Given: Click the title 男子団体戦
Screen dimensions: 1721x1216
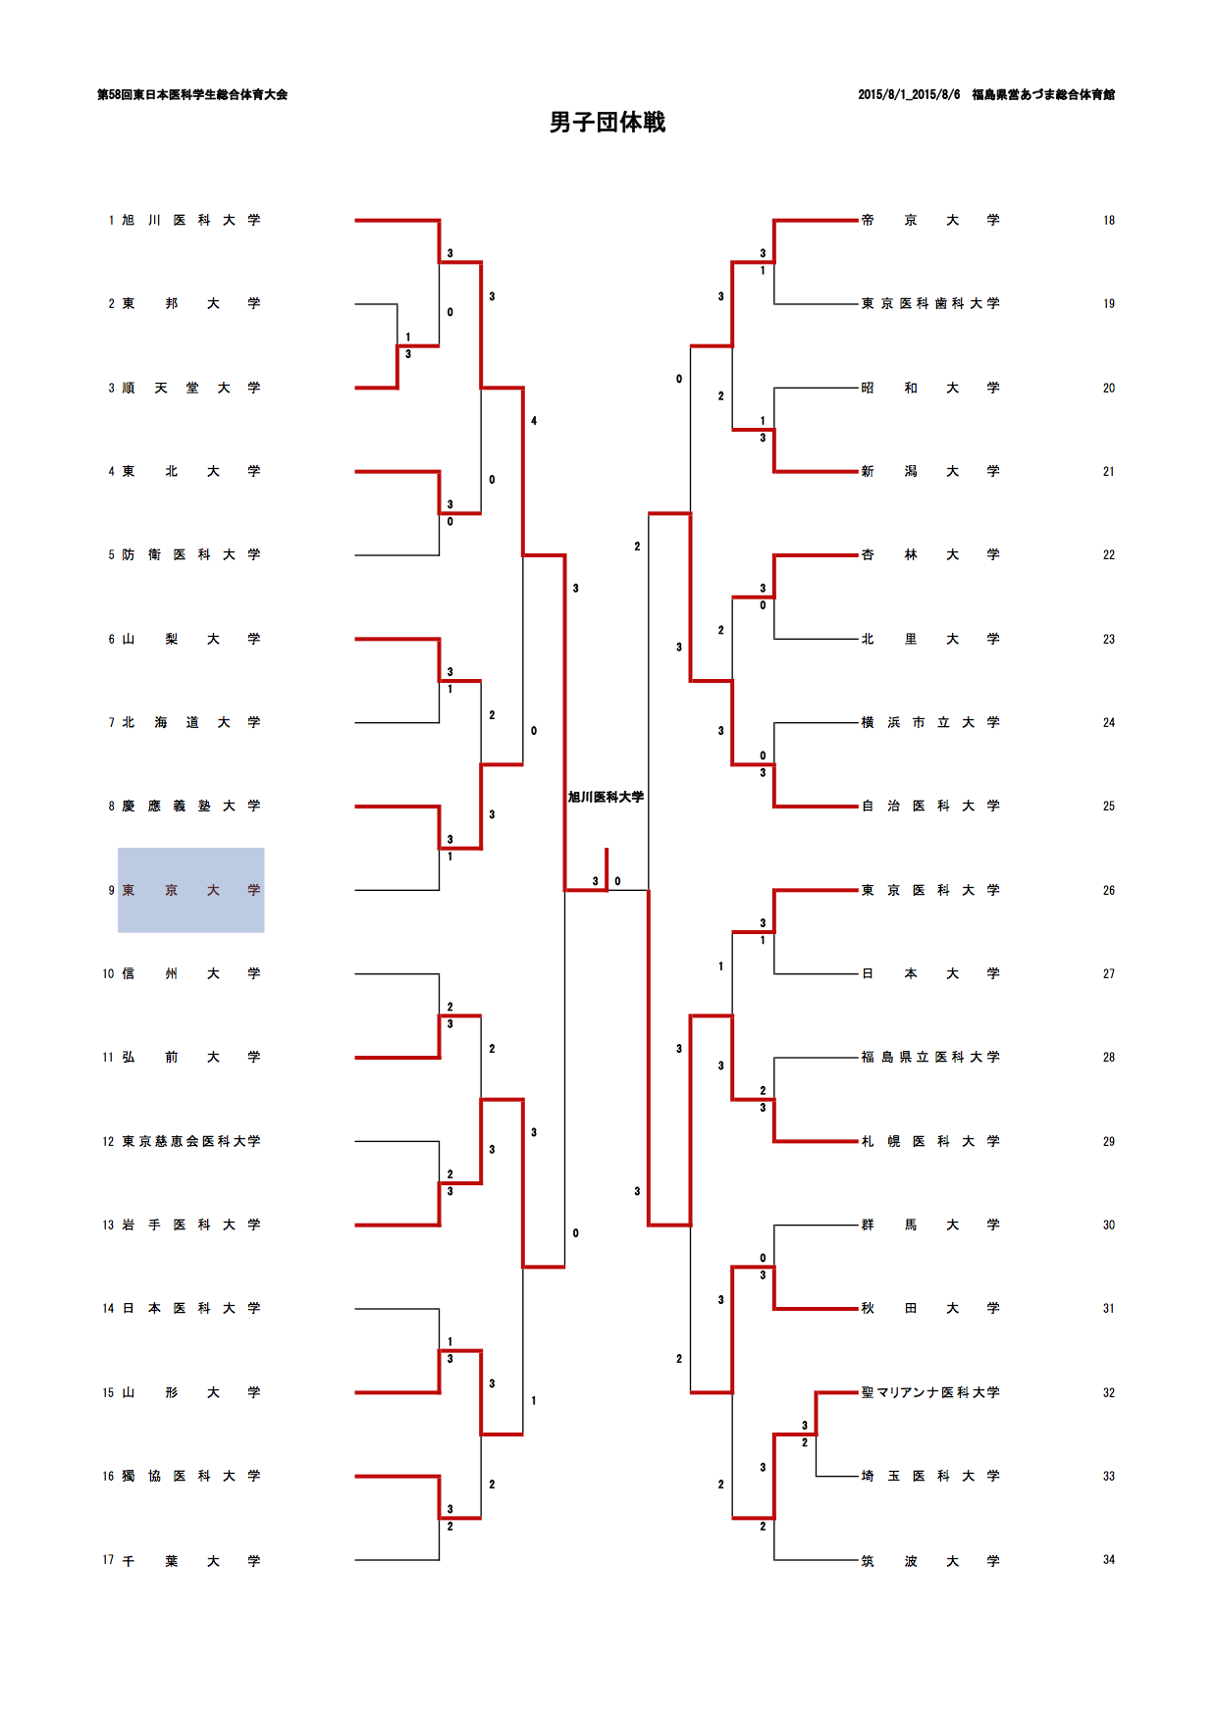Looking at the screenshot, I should [607, 122].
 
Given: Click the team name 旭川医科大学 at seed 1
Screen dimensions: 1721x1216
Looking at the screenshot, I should [191, 221].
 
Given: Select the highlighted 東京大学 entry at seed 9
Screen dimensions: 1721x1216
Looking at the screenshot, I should [191, 890].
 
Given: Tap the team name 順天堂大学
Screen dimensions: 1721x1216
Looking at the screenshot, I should [191, 389].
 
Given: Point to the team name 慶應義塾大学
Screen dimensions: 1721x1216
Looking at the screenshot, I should [191, 807].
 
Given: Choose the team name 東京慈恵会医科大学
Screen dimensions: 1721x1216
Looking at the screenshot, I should [191, 1141].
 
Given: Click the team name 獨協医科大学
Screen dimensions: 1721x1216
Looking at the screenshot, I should [191, 1476].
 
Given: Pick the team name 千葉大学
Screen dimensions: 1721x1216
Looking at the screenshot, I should [191, 1561].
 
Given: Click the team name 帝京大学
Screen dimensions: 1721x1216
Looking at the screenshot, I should [929, 221].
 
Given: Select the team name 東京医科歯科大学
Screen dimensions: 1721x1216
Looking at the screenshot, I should [929, 304].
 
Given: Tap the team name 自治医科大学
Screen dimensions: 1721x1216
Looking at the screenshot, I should [929, 807].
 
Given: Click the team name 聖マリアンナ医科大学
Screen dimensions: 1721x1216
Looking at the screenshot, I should [929, 1392].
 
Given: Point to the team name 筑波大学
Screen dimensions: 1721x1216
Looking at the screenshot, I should [929, 1561].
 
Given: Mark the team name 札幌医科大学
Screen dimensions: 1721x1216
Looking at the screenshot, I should [929, 1141].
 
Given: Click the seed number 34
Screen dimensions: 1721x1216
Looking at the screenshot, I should [1108, 1560].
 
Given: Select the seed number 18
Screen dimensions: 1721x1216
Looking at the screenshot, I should [1108, 221].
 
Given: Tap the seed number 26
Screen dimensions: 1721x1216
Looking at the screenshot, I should [1108, 891].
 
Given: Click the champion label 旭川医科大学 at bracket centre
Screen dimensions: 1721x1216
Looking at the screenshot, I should [606, 797].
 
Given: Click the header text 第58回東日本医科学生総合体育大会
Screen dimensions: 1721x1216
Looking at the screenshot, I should [192, 95].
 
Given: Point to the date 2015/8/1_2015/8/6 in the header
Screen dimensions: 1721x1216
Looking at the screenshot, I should [909, 95].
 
